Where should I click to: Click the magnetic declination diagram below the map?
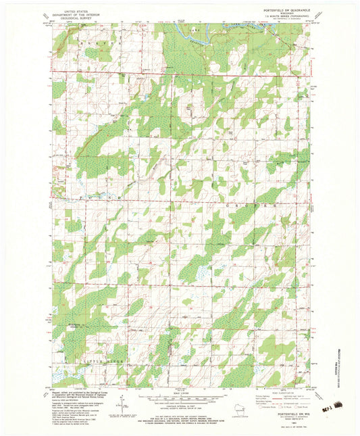[122, 404]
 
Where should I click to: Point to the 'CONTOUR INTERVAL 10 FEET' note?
[180, 408]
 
